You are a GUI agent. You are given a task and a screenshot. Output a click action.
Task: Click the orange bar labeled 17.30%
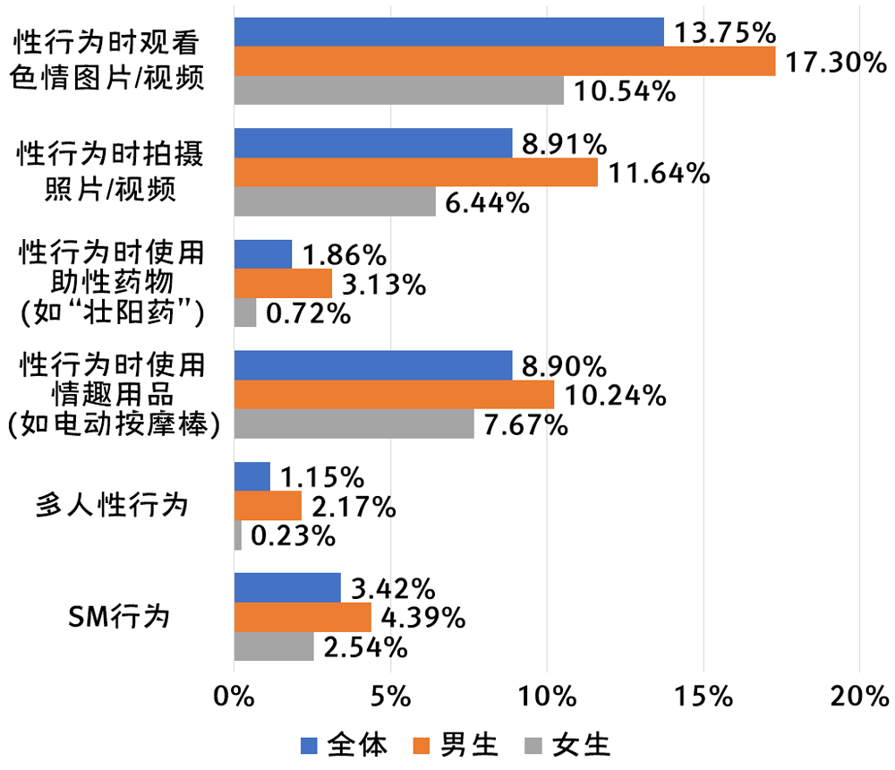[x=505, y=61]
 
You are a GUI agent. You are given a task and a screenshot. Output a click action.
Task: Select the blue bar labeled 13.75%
[x=449, y=31]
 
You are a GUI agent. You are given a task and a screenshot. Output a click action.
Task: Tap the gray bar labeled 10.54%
[x=399, y=90]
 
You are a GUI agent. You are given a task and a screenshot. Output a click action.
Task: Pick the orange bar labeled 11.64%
[x=416, y=172]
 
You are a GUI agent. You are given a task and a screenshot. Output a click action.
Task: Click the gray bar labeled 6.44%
[x=335, y=201]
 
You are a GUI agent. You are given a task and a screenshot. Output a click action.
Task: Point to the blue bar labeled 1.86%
[x=263, y=254]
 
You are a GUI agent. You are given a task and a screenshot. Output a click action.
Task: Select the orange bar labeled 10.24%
[x=394, y=395]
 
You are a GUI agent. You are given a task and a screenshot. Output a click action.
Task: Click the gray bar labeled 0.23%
[x=238, y=535]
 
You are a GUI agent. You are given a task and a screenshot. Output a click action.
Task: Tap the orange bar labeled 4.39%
[x=303, y=617]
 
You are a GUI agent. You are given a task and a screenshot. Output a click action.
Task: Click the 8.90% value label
[x=564, y=366]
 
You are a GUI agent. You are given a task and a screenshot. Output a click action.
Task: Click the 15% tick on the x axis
[x=703, y=695]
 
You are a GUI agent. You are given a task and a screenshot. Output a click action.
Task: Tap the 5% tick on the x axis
[x=390, y=695]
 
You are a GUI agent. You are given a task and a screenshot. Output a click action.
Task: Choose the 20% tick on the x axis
[x=858, y=695]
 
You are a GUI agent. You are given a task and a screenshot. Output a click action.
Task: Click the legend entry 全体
[x=345, y=745]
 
